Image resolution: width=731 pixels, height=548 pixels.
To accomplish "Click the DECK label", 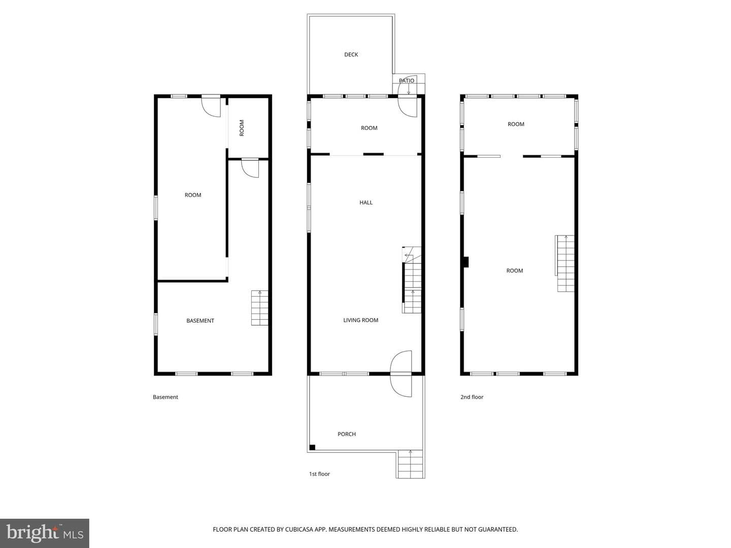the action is (x=351, y=55).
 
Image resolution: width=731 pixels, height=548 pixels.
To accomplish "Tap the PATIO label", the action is (x=407, y=81).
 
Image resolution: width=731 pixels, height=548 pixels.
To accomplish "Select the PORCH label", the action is (x=347, y=434).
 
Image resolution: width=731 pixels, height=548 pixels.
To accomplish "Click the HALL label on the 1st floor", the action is (x=366, y=202).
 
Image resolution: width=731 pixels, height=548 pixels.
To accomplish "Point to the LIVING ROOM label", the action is (x=360, y=320).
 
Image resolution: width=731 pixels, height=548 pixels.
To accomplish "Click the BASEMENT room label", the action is (x=200, y=321).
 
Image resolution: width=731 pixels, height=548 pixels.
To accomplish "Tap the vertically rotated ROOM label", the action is (x=242, y=128).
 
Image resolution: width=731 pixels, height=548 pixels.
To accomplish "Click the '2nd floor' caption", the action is (x=472, y=397).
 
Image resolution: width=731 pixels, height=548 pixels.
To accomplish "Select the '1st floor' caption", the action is (x=319, y=474).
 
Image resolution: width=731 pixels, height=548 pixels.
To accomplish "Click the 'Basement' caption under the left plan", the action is (x=165, y=397).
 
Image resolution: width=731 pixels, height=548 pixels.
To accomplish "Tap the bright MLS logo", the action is (x=45, y=533).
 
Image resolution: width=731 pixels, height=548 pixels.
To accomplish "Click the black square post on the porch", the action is (x=312, y=447).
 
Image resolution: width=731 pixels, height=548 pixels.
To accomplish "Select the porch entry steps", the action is (x=410, y=464).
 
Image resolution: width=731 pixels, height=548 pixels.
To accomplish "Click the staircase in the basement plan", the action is (x=259, y=308).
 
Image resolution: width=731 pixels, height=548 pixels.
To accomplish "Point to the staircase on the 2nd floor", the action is (x=565, y=263).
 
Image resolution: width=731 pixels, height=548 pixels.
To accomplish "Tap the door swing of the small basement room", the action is (x=250, y=168).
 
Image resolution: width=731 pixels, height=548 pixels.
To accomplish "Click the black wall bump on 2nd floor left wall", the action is (x=466, y=262).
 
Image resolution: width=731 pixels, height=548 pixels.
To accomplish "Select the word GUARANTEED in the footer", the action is (x=498, y=529).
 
